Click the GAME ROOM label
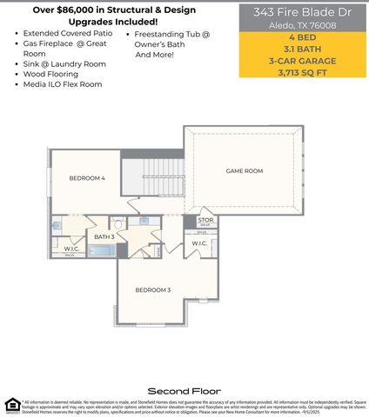pos(244,171)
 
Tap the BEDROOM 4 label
pos(87,178)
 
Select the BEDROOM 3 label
pos(152,289)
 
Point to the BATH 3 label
pos(104,236)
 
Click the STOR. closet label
pos(205,221)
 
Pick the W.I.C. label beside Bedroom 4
pos(71,249)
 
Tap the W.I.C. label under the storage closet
pos(199,243)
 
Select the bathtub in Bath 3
pos(102,251)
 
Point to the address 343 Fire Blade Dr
pos(303,13)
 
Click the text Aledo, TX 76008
pos(303,26)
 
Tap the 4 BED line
pos(303,41)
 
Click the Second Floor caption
pos(184,391)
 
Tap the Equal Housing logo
pos(11,404)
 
